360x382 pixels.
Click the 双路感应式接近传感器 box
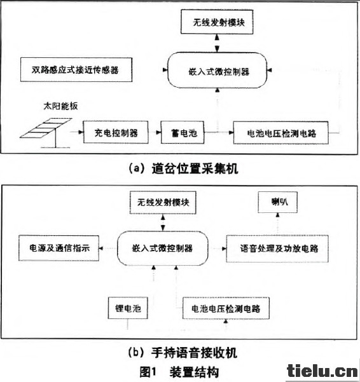pyautogui.click(x=76, y=70)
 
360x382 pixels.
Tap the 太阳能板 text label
pyautogui.click(x=60, y=106)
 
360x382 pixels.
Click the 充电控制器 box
pyautogui.click(x=116, y=132)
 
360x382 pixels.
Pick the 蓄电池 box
pyautogui.click(x=183, y=132)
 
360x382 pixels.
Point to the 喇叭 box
pyautogui.click(x=277, y=202)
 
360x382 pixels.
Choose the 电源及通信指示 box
pyautogui.click(x=59, y=249)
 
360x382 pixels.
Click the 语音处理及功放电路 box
pyautogui.click(x=277, y=249)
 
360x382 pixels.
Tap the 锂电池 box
pyautogui.click(x=128, y=308)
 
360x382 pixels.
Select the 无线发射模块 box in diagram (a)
pyautogui.click(x=217, y=22)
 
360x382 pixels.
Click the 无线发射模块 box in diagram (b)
pyautogui.click(x=163, y=203)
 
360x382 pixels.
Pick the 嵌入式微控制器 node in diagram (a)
pyautogui.click(x=217, y=71)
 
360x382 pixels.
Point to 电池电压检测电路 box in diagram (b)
pyautogui.click(x=226, y=308)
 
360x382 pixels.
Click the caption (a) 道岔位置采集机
pyautogui.click(x=183, y=168)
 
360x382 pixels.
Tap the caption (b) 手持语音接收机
pyautogui.click(x=183, y=353)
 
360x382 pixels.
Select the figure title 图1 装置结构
pyautogui.click(x=179, y=372)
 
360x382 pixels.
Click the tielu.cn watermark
pyautogui.click(x=322, y=372)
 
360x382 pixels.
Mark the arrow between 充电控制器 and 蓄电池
pyautogui.click(x=155, y=132)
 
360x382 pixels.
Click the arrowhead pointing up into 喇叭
pyautogui.click(x=277, y=215)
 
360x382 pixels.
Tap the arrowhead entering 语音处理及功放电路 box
pyautogui.click(x=224, y=249)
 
